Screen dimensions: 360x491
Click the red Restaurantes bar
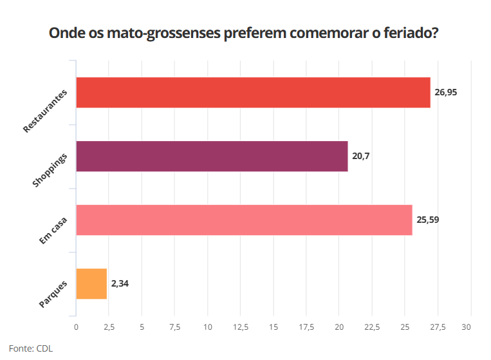[x=253, y=92]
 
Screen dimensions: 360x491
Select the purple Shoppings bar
[x=212, y=156]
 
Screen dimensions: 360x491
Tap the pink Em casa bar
[x=244, y=220]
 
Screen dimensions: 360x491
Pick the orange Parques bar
[x=91, y=283]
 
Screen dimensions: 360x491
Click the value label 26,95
[x=445, y=92]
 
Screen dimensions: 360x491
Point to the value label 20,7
[x=360, y=156]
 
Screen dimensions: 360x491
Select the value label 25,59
[x=427, y=220]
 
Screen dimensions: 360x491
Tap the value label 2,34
[x=120, y=283]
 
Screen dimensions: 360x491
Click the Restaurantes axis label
[x=45, y=111]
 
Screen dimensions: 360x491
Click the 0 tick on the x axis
[x=76, y=328]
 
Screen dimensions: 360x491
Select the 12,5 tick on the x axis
[x=241, y=328]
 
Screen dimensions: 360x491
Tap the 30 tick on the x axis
[x=470, y=328]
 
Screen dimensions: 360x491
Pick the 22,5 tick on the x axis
[x=372, y=328]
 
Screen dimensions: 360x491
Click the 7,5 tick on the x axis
[x=175, y=328]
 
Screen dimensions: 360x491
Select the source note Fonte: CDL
[x=31, y=348]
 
